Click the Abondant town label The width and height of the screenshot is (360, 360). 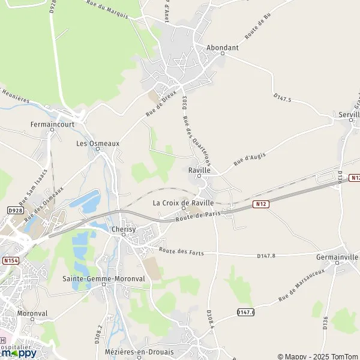(222, 47)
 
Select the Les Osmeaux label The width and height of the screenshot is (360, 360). (98, 143)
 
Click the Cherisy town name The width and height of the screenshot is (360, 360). (124, 229)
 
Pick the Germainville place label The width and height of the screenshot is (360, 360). (337, 257)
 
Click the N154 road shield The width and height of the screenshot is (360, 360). (10, 260)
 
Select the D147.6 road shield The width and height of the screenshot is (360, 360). (245, 312)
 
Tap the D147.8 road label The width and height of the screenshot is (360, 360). (266, 256)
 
